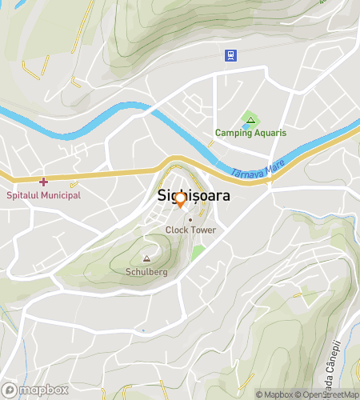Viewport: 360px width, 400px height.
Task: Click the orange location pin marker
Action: coord(181,199)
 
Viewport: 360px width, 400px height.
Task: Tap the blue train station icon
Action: coord(230,54)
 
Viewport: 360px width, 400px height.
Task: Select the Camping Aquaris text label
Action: coord(250,133)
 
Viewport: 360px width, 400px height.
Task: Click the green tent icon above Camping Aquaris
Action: coord(250,121)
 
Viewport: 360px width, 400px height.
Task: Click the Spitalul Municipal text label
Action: coord(43,195)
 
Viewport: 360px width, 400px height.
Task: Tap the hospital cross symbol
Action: coord(43,182)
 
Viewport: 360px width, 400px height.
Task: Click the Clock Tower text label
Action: coord(190,230)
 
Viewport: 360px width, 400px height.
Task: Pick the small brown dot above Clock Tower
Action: coord(190,219)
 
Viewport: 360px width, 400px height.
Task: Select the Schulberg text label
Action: coord(146,271)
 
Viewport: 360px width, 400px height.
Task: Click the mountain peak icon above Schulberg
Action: coord(146,259)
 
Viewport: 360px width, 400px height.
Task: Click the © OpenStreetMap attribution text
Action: coord(328,394)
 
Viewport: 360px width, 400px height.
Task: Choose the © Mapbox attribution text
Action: coord(275,394)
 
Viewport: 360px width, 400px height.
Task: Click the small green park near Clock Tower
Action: coord(198,253)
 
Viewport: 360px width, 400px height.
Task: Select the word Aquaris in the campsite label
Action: coord(270,133)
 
